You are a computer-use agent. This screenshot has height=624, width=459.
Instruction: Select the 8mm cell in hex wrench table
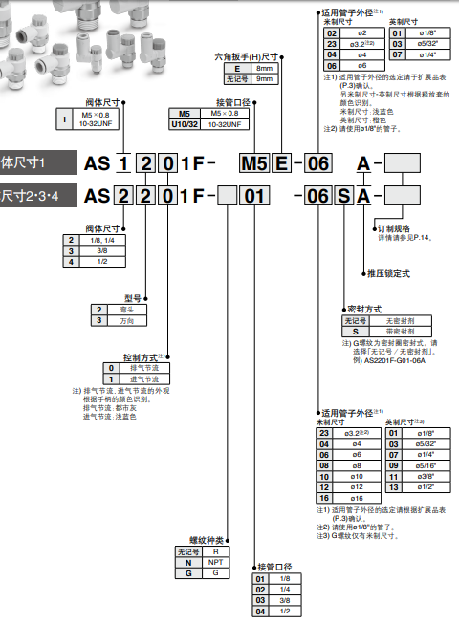point(261,69)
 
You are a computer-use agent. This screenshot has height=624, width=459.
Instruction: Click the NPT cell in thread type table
point(217,562)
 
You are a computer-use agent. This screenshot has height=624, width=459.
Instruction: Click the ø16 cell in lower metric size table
point(357,498)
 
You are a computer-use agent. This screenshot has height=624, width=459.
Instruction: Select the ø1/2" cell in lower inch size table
point(426,485)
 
